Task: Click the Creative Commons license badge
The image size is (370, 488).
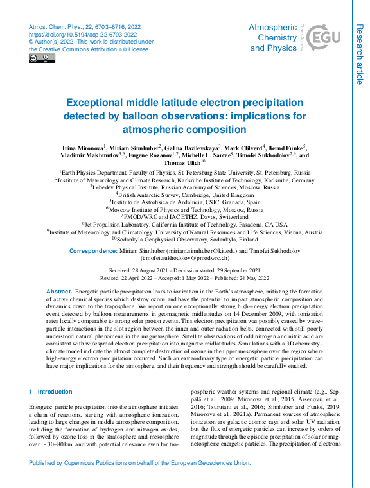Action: (x=42, y=58)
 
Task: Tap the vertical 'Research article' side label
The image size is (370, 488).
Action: (x=359, y=54)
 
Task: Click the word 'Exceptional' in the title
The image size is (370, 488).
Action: (x=101, y=103)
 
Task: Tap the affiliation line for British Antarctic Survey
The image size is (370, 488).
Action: (x=185, y=194)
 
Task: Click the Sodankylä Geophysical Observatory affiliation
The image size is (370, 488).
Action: (x=185, y=238)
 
